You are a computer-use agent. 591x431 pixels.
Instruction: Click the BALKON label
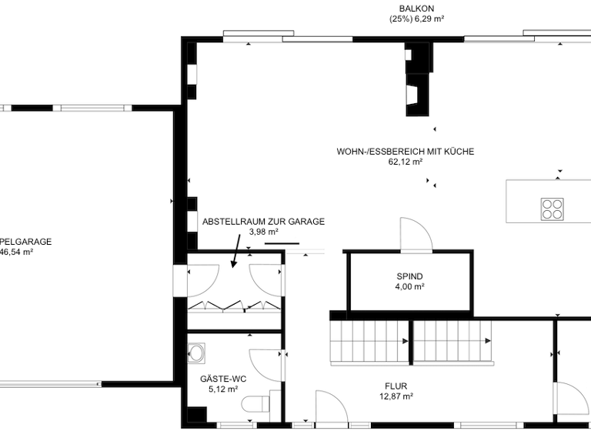(416, 8)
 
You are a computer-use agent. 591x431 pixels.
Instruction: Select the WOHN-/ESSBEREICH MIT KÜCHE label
(405, 152)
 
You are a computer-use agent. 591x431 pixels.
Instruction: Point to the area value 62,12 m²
(405, 162)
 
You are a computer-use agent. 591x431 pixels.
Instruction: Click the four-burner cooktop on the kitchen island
(552, 209)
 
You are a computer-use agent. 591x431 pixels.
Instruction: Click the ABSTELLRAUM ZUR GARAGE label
(263, 222)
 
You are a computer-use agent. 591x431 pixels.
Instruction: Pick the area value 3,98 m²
(263, 232)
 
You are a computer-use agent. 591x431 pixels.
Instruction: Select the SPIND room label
(409, 276)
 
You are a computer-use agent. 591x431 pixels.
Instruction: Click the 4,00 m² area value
(409, 286)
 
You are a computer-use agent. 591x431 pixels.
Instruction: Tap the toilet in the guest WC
(255, 405)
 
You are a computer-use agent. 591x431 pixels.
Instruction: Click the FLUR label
(396, 386)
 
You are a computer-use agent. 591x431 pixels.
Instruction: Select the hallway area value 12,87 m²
(396, 396)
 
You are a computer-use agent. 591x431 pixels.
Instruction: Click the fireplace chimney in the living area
(416, 77)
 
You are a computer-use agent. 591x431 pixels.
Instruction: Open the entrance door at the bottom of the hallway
(332, 408)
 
